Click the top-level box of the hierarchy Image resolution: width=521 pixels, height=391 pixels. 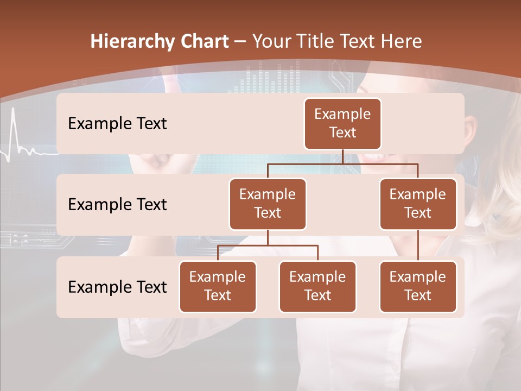tap(342, 124)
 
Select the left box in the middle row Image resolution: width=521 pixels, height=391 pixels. tap(268, 204)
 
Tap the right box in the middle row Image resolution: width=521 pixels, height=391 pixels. tap(418, 204)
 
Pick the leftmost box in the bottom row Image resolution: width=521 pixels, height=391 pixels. tap(218, 287)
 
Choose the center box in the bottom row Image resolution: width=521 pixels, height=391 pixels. tap(317, 287)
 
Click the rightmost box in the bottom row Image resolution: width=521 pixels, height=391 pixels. tap(418, 287)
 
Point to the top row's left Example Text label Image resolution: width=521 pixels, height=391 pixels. tap(117, 124)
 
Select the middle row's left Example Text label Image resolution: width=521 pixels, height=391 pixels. tap(117, 205)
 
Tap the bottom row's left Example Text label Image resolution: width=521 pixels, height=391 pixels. tap(117, 287)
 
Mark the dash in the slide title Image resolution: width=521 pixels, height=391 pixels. tap(240, 41)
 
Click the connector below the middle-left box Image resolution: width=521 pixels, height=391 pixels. tap(268, 238)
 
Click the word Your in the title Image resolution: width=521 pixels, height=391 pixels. tap(272, 41)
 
